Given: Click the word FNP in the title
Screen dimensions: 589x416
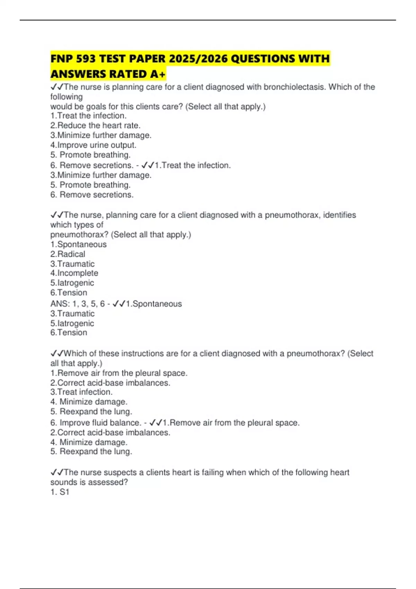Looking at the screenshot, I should coord(62,59).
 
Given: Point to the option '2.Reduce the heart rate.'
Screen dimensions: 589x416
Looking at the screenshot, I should coord(95,125).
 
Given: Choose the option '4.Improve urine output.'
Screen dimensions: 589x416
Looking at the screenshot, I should coord(93,145).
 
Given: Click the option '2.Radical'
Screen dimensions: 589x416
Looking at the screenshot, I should coord(68,254).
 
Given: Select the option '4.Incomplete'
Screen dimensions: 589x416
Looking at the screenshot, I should coord(74,273).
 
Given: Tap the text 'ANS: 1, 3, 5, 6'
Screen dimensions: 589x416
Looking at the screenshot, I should coord(77,304).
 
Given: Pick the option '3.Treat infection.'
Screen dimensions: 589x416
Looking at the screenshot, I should coord(81,392).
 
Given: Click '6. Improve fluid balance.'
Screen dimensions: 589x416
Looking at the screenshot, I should coord(95,423).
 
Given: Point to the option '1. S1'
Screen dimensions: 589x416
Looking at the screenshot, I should coord(60,492).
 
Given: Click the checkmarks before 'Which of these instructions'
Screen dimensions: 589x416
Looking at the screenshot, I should coord(57,353).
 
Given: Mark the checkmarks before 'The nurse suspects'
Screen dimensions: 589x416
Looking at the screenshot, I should coord(57,472).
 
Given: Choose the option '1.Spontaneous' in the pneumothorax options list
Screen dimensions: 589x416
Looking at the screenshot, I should coord(78,244).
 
